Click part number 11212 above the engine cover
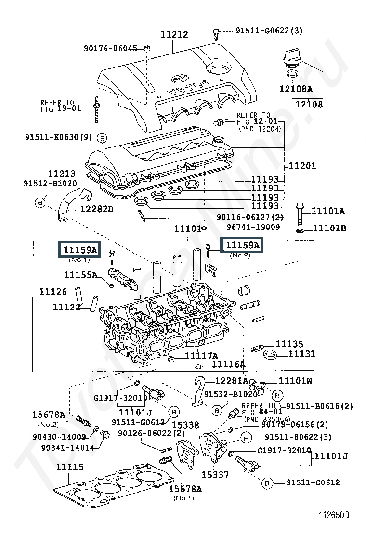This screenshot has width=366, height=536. click(174, 34)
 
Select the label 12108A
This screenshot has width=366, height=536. click(296, 89)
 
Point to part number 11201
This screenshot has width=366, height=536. click(302, 166)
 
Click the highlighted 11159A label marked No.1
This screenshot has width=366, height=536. click(80, 250)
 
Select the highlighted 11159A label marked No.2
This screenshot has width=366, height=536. click(242, 245)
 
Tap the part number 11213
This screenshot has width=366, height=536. click(62, 174)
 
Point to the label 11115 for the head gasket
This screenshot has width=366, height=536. click(70, 467)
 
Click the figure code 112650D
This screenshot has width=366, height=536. click(334, 515)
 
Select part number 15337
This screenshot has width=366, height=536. click(215, 474)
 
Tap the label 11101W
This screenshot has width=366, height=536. click(295, 381)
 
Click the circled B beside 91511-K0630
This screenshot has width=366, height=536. click(102, 138)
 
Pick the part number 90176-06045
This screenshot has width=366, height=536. click(111, 48)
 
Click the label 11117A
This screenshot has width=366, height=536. click(201, 356)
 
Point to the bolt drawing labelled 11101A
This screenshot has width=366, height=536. click(300, 214)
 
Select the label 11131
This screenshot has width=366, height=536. click(302, 354)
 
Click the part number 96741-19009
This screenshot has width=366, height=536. click(253, 227)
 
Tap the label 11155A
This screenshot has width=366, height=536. click(81, 275)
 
